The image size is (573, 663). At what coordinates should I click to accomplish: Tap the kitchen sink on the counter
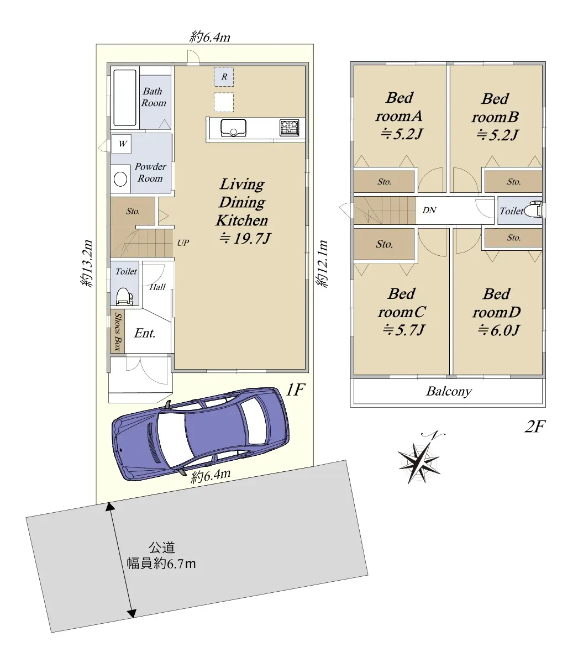[x=233, y=128]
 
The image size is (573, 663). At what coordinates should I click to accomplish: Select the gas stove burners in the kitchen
[x=289, y=128]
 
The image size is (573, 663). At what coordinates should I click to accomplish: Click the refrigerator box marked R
[x=224, y=77]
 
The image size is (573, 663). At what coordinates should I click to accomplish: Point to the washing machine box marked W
[x=122, y=144]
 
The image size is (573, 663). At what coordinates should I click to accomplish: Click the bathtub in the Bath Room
[x=125, y=97]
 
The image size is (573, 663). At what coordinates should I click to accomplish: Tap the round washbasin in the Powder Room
[x=120, y=179]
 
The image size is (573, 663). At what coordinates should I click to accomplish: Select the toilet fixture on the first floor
[x=124, y=296]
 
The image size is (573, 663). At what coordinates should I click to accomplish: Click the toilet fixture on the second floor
[x=533, y=210]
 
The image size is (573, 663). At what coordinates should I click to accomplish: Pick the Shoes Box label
[x=118, y=331]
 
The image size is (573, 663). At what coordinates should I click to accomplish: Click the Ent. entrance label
[x=145, y=333]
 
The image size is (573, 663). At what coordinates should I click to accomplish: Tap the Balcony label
[x=449, y=391]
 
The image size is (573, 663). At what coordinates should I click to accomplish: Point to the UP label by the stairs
[x=183, y=243]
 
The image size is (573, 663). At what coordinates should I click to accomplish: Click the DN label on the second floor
[x=429, y=211]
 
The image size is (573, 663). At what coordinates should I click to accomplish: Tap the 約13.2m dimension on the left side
[x=87, y=264]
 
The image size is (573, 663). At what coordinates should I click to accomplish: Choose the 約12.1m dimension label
[x=322, y=264]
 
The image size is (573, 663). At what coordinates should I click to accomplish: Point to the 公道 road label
[x=162, y=548]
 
